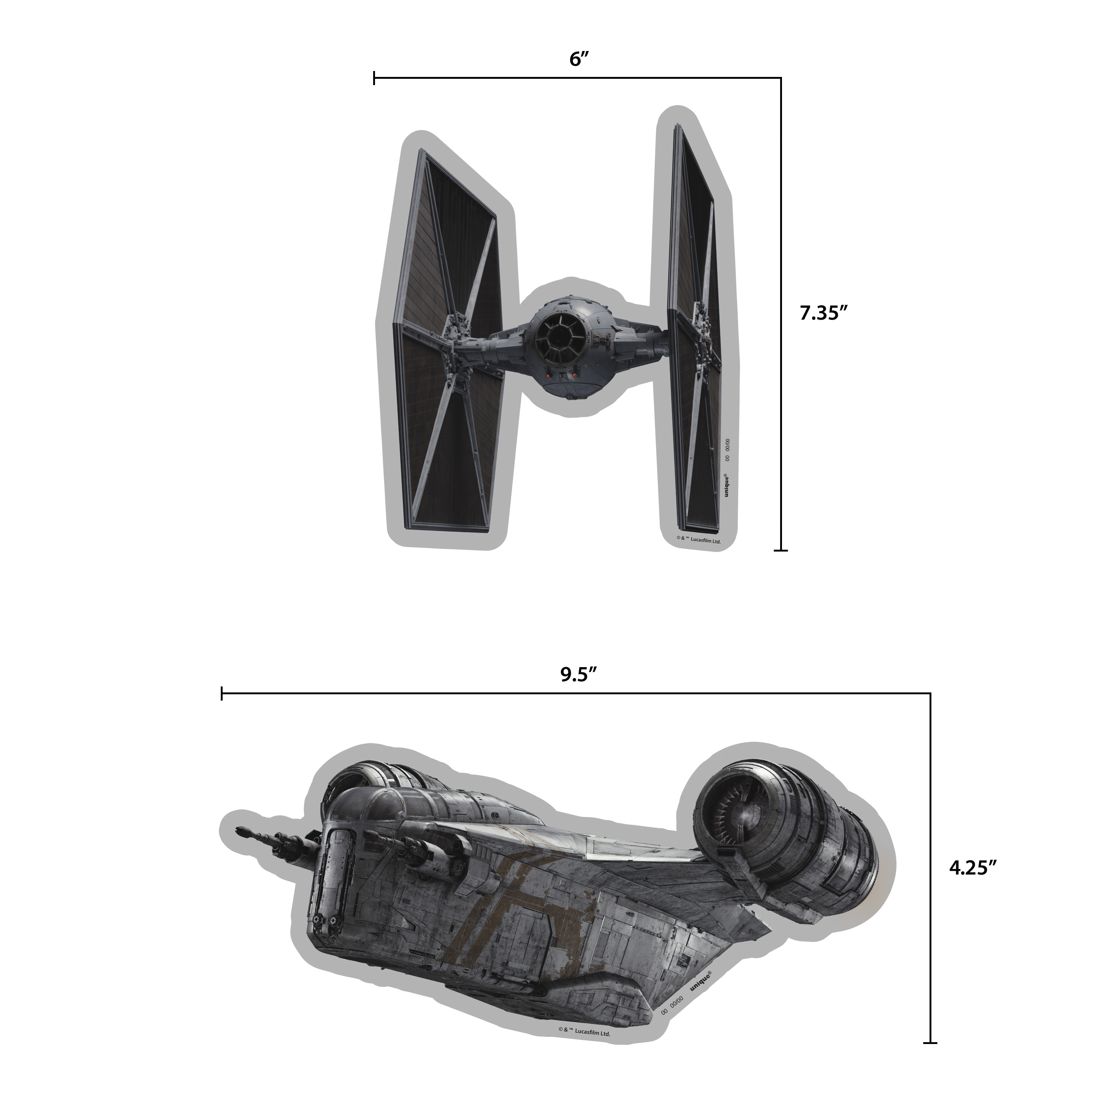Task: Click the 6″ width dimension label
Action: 578,59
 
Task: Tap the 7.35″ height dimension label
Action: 824,313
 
